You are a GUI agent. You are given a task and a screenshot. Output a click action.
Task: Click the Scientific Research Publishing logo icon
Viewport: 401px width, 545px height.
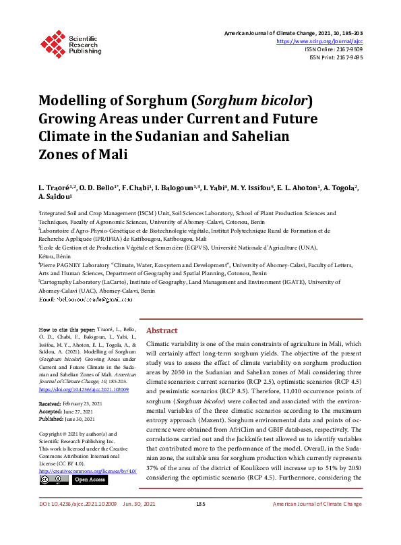coord(53,42)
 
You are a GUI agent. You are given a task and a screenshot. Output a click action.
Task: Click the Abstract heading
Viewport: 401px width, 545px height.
coord(162,331)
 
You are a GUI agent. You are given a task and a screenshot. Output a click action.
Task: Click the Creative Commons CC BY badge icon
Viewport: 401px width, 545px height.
coord(53,479)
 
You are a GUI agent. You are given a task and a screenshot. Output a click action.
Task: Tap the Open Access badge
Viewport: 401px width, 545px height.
coord(90,479)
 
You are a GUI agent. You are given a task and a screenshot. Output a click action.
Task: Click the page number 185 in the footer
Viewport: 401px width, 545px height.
coord(200,523)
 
